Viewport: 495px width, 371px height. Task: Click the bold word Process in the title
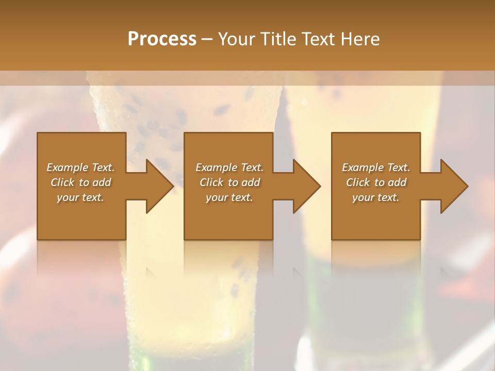tap(162, 39)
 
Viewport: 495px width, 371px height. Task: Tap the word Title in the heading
tap(275, 39)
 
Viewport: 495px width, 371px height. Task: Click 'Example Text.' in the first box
tap(80, 167)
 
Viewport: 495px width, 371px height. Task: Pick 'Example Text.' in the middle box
tap(229, 167)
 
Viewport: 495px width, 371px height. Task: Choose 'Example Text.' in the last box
tap(376, 167)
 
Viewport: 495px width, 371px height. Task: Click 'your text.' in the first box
tap(80, 197)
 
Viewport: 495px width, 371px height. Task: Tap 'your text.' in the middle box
tap(229, 197)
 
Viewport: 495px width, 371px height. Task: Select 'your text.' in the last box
tap(376, 197)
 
